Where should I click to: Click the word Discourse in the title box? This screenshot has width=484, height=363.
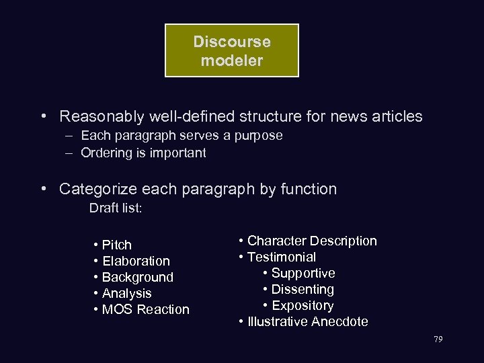click(232, 42)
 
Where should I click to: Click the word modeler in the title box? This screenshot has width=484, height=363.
click(232, 60)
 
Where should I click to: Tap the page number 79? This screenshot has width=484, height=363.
click(438, 339)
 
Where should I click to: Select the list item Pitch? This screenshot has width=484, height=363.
click(116, 245)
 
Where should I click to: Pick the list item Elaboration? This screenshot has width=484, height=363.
click(136, 261)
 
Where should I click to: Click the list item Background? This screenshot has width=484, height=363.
click(137, 277)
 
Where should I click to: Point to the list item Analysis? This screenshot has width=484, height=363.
click(126, 293)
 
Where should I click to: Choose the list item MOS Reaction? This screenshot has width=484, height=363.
click(145, 309)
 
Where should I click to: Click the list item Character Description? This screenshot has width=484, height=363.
click(312, 241)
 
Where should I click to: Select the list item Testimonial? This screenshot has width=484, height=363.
click(281, 257)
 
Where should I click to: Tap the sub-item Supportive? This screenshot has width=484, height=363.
click(302, 273)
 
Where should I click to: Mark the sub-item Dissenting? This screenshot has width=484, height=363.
click(302, 289)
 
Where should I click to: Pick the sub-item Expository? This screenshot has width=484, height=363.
click(302, 305)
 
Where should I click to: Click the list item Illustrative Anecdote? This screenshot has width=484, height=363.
click(307, 321)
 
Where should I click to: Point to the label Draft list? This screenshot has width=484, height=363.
click(116, 208)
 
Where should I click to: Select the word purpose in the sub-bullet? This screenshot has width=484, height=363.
click(257, 135)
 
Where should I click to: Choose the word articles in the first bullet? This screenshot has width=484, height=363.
click(397, 116)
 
